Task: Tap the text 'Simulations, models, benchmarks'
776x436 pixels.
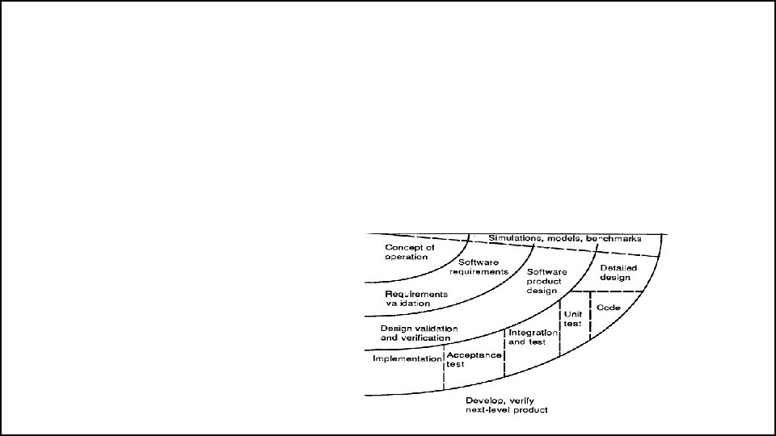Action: (x=564, y=238)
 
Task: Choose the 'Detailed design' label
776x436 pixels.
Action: (x=618, y=273)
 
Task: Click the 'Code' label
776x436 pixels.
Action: (x=609, y=308)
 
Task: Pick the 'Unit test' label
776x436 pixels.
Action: (x=572, y=319)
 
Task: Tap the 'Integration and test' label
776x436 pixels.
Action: (x=532, y=337)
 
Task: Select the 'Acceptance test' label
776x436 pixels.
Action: (x=474, y=359)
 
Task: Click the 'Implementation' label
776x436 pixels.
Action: (x=407, y=358)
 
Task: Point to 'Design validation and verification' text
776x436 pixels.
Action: (x=419, y=333)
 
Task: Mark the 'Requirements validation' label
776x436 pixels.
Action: (x=415, y=298)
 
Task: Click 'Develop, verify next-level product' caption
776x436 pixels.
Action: (x=507, y=405)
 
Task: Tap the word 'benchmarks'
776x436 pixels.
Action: (x=615, y=238)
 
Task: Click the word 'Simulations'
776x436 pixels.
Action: (x=515, y=238)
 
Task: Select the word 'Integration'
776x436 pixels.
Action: (x=532, y=332)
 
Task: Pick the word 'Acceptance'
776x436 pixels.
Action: (x=474, y=354)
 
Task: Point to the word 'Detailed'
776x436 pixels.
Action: (x=618, y=268)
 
